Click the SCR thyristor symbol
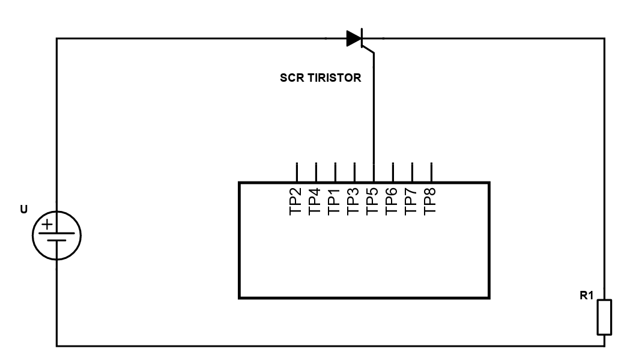click(355, 39)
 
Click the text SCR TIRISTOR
click(320, 78)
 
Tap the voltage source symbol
click(56, 234)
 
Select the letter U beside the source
click(23, 210)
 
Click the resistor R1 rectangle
click(604, 317)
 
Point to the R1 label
click(586, 295)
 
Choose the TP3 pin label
click(354, 201)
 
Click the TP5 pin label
click(374, 201)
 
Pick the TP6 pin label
click(393, 201)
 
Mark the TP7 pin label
click(412, 201)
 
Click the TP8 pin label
click(431, 201)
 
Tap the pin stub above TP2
click(297, 172)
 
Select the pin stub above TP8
click(431, 172)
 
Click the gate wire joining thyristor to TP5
click(374, 114)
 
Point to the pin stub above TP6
click(393, 172)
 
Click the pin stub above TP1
click(335, 172)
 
